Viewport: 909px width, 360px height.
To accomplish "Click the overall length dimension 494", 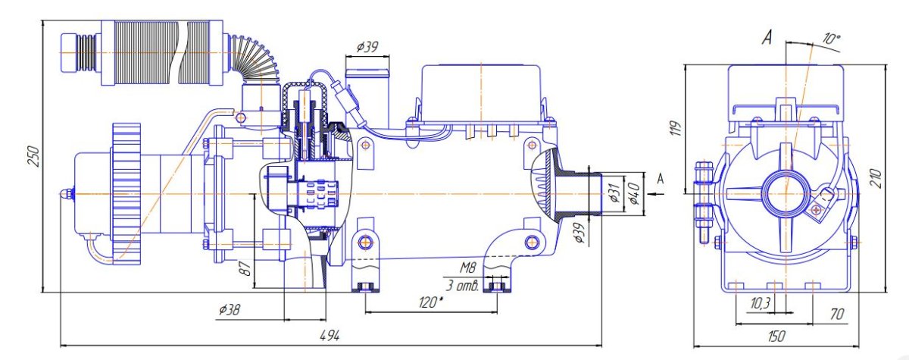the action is pos(330,336).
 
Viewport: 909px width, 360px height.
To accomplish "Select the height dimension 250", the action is pos(34,156).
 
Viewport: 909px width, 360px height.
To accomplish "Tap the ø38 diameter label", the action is pos(230,311).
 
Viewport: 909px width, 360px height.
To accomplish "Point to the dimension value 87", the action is pos(245,269).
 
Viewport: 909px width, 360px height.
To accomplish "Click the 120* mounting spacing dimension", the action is pos(430,302).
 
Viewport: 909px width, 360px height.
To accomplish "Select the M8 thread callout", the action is pos(467,268).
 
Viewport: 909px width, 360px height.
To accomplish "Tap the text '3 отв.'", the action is pos(463,286).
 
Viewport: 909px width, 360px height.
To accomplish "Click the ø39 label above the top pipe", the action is pos(367,48).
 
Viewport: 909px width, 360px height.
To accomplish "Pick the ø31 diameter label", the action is pos(614,193).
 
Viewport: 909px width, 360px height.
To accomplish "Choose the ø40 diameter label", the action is pos(633,193).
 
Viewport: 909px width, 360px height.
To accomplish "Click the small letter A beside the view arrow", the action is pos(661,179).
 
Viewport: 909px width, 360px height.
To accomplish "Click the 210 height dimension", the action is pos(876,178).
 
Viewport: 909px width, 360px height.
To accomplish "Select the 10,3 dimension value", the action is pos(760,302).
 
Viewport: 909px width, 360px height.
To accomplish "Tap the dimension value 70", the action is pos(837,314).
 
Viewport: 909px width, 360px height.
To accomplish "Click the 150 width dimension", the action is pos(776,336).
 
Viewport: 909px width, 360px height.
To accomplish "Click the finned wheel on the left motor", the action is pos(127,194).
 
